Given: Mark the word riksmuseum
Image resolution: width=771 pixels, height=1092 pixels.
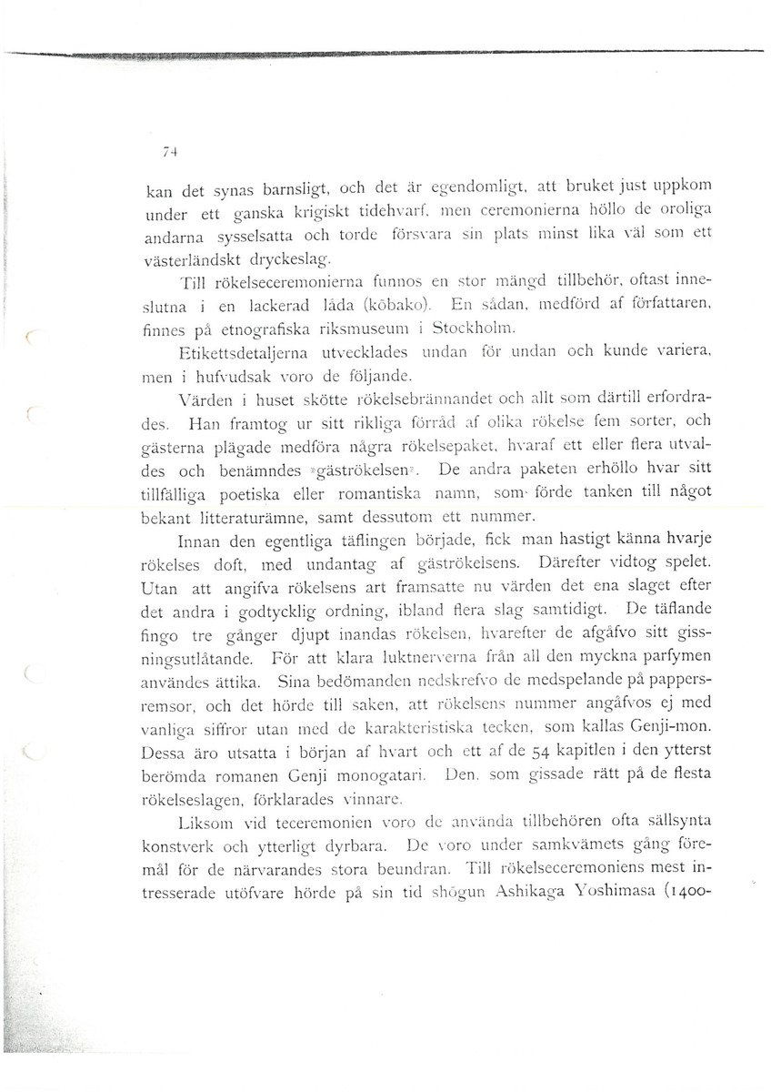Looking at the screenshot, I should (363, 327).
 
